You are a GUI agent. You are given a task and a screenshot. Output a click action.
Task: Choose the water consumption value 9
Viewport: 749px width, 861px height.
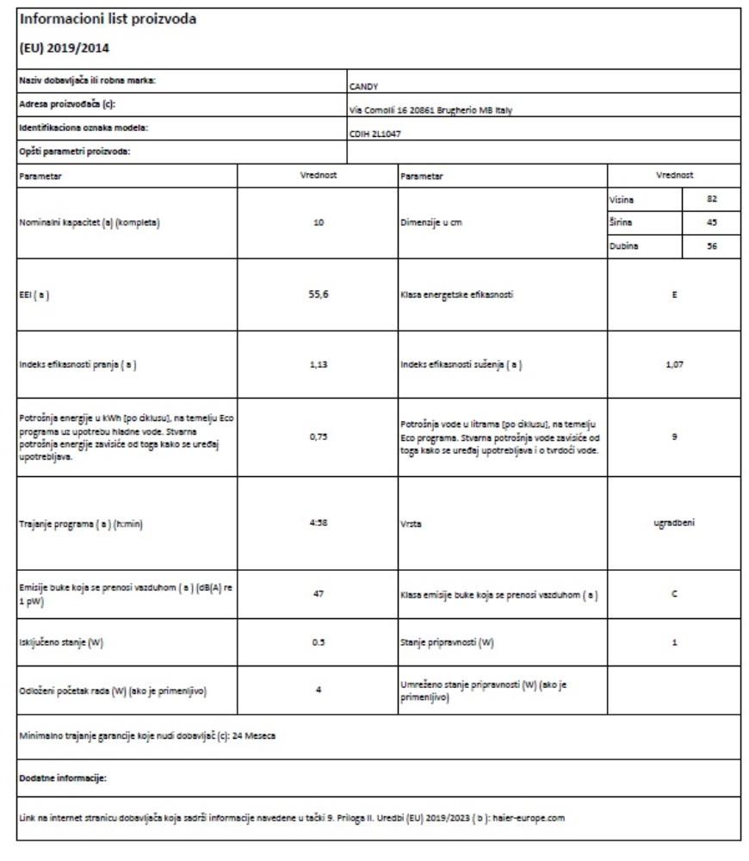click(675, 437)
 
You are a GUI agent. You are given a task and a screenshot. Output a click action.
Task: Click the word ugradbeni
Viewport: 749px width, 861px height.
click(675, 522)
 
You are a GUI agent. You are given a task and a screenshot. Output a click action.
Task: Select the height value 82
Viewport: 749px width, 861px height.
click(711, 198)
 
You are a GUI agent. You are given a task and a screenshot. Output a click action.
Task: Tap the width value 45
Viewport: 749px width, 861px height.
click(711, 221)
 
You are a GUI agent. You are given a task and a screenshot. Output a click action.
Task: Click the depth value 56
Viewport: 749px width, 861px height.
click(711, 245)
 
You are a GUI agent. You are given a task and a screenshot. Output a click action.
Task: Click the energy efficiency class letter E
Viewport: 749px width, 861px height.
click(675, 294)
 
